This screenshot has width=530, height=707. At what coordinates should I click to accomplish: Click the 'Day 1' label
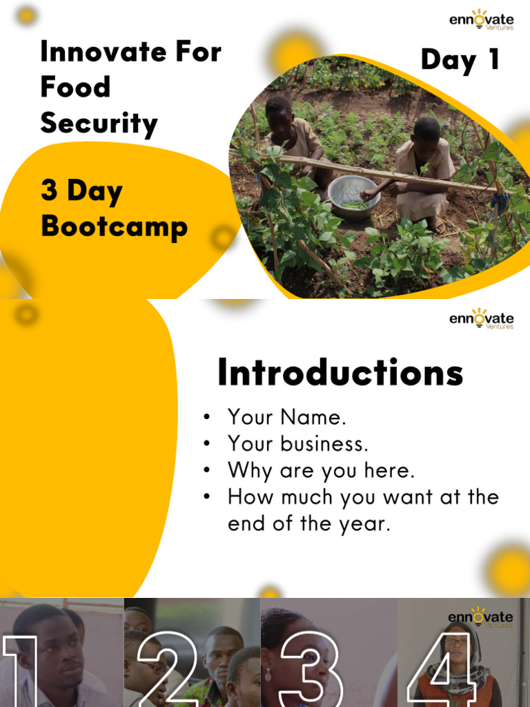[460, 60]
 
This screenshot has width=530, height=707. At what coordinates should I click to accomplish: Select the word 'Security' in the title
[99, 124]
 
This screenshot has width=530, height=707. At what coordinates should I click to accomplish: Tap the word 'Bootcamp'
[114, 227]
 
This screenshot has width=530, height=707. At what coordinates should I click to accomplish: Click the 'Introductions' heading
[340, 374]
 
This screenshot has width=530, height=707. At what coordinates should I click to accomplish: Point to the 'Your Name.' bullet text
[286, 417]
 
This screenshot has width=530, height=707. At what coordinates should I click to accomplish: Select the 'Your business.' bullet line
[297, 443]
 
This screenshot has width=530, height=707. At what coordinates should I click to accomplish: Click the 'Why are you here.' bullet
[321, 470]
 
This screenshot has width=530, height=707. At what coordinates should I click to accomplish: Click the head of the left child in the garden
[279, 112]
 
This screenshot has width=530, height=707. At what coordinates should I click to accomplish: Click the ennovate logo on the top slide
[481, 20]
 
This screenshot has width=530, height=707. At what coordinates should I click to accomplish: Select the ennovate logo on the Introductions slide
[481, 318]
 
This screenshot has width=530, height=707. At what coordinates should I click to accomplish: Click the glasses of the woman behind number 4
[455, 641]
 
